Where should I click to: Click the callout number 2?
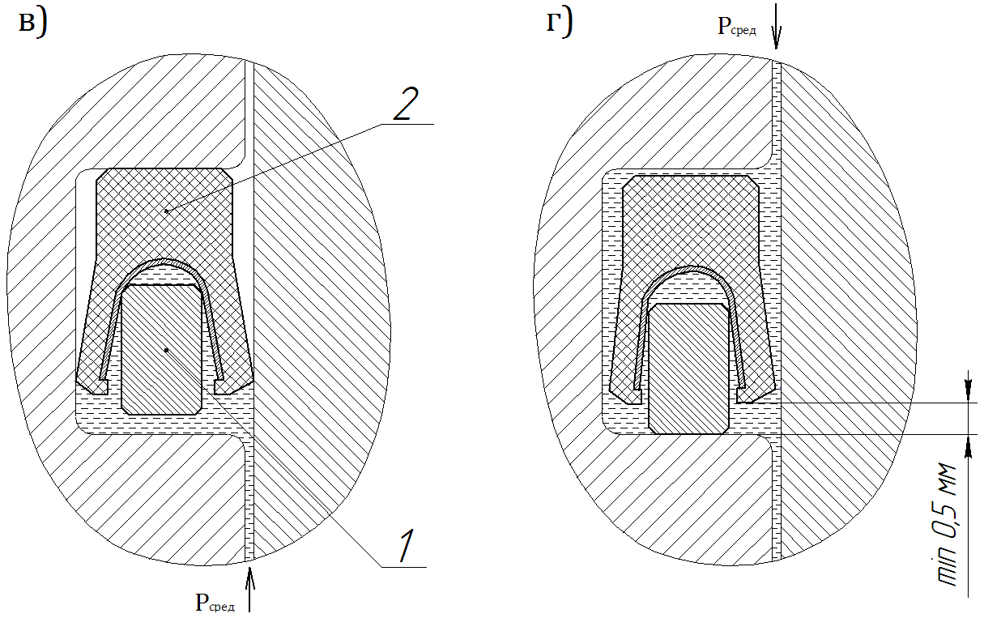pyautogui.click(x=406, y=104)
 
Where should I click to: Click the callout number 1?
pyautogui.click(x=407, y=546)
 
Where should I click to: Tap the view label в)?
pyautogui.click(x=33, y=23)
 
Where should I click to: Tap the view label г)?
pyautogui.click(x=560, y=23)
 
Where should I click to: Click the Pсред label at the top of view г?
pyautogui.click(x=737, y=27)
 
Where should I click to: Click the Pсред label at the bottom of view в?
pyautogui.click(x=215, y=602)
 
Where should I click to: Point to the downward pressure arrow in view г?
pyautogui.click(x=776, y=27)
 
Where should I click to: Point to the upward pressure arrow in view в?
pyautogui.click(x=249, y=590)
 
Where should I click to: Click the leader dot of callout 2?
pyautogui.click(x=166, y=211)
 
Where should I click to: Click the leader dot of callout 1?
pyautogui.click(x=166, y=350)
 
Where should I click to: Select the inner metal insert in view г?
pyautogui.click(x=688, y=369)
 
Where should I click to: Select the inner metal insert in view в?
pyautogui.click(x=161, y=349)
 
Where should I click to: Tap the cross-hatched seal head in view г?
pyautogui.click(x=691, y=219)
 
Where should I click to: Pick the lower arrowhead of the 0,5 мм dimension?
pyautogui.click(x=968, y=446)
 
